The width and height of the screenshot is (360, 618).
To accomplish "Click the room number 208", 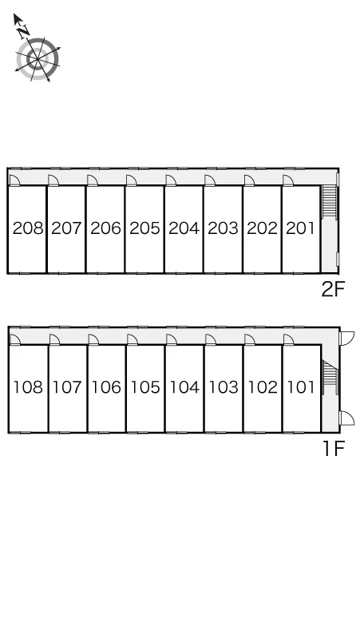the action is tap(28, 228).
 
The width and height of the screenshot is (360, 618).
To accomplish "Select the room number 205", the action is tap(145, 228).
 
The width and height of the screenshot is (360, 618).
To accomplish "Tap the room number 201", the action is tap(300, 228).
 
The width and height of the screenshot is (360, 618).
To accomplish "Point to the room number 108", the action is tap(28, 387).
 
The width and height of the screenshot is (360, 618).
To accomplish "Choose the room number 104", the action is tap(184, 387).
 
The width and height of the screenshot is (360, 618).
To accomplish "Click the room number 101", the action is tap(301, 387).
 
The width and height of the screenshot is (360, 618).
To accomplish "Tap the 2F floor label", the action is tap(333, 290).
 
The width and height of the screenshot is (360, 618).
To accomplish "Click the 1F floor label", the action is tap(334, 449).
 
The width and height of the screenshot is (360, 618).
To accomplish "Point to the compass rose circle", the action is tap(38, 59).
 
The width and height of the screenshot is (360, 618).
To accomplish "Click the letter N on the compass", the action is tap(24, 30).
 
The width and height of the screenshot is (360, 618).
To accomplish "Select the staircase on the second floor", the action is tap(330, 201).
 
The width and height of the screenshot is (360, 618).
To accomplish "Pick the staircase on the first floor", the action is tap(330, 377).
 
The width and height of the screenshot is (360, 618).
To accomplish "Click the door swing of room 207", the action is tap(53, 180).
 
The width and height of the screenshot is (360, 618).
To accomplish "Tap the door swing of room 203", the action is tap(210, 180).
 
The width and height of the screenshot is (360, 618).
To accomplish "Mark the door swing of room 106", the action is tap(93, 339).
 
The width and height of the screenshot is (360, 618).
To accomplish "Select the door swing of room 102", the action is tap(249, 339).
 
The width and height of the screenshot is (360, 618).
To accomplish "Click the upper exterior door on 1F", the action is tap(347, 339).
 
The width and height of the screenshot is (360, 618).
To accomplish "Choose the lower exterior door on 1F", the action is tap(347, 418).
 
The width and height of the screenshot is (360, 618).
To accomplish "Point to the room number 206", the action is tap(105, 228).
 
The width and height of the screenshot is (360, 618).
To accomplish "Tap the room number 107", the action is tap(67, 387).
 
